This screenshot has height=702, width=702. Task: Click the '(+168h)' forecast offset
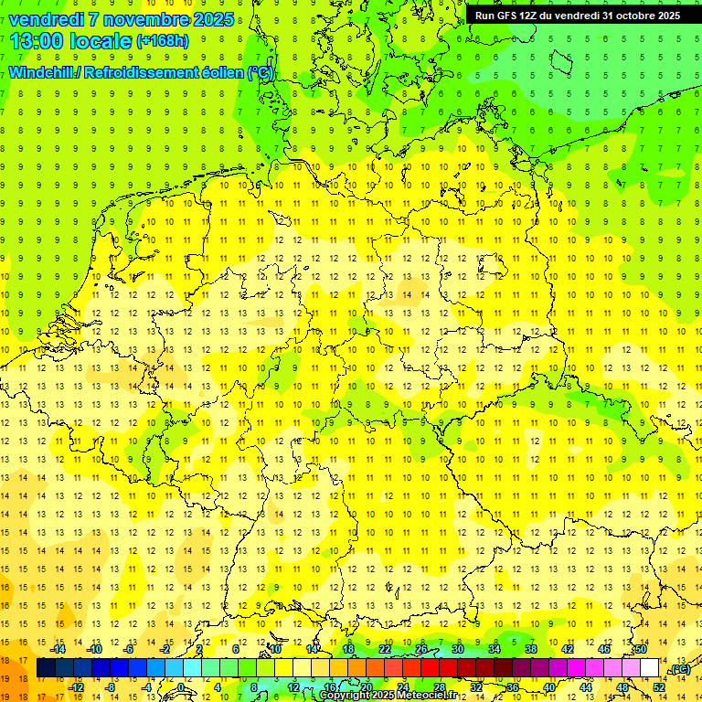(x=162, y=40)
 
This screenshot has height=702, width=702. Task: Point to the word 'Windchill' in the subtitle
(x=44, y=72)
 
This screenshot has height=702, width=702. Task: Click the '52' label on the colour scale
(x=659, y=686)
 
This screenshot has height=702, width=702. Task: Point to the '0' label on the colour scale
(x=182, y=686)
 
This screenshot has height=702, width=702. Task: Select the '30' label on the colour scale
(x=457, y=649)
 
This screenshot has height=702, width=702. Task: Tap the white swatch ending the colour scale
(x=650, y=668)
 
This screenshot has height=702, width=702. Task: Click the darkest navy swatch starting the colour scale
(x=46, y=668)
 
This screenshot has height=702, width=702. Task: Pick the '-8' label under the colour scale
(x=111, y=686)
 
